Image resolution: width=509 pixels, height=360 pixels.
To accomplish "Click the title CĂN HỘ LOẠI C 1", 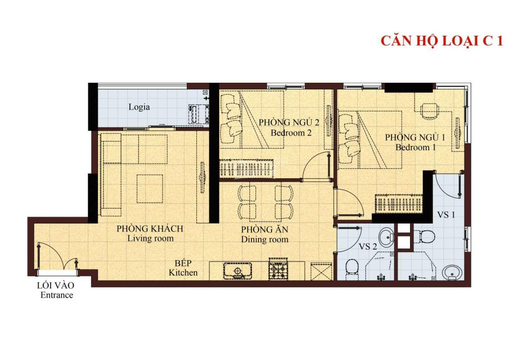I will click(x=441, y=41).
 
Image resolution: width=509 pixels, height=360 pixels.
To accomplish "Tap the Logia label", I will click(x=139, y=107).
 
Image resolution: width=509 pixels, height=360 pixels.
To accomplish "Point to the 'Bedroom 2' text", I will click(x=291, y=133).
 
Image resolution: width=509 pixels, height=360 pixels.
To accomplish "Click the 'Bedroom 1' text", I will click(x=415, y=148).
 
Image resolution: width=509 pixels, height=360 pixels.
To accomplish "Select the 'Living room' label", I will click(x=150, y=238).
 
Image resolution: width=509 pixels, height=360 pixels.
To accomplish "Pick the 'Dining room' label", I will click(x=265, y=239).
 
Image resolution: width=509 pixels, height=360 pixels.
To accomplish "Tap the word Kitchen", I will click(x=183, y=273).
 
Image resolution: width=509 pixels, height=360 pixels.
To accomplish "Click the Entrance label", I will click(x=56, y=295).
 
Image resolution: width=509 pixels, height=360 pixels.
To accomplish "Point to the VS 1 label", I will click(x=446, y=215).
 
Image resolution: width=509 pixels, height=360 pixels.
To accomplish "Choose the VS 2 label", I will click(x=367, y=247).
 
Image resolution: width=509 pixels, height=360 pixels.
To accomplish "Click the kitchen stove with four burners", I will click(x=279, y=270).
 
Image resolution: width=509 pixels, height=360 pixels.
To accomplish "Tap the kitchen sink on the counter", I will click(x=237, y=271).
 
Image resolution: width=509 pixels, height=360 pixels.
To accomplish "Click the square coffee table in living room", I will click(x=150, y=188).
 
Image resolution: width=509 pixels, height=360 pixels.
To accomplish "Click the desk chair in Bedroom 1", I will click(x=428, y=110).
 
